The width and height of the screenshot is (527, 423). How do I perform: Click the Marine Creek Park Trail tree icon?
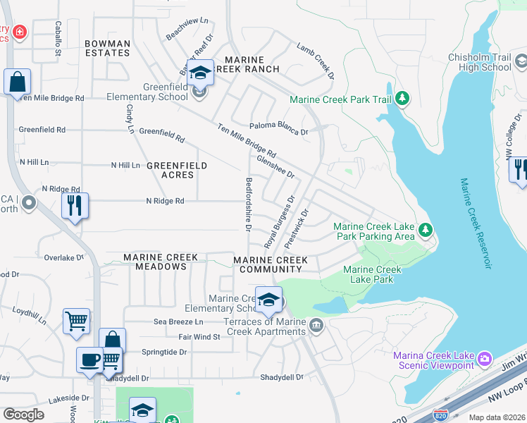coord(402,99)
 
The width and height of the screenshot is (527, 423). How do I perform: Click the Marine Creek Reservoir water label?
coord(475,223)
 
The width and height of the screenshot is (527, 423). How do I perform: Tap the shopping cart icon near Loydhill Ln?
coord(76,321)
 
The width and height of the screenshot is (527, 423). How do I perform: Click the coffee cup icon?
coord(89,359)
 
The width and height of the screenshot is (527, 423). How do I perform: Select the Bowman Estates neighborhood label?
coord(107,48)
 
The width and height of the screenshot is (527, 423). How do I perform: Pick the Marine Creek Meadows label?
coord(155,262)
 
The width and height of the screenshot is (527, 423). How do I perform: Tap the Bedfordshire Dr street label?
coord(248,204)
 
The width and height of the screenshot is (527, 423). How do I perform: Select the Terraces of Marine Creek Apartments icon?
coord(316,324)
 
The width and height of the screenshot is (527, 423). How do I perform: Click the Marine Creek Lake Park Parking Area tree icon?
coord(425,230)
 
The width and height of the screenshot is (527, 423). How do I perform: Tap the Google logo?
coord(23,415)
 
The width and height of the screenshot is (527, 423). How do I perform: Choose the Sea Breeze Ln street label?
coord(178,321)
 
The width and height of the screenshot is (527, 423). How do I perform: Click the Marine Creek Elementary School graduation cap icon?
coord(268,300)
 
